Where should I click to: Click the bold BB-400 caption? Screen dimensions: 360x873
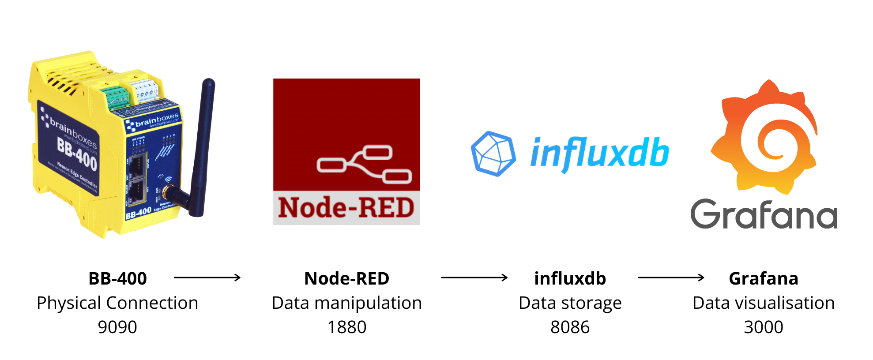coord(117,279)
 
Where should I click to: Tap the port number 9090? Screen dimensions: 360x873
coord(117,327)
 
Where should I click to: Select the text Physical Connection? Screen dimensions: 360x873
coord(117,303)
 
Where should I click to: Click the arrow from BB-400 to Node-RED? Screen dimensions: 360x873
coord(207,277)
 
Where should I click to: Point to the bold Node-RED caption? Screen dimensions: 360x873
coord(347,279)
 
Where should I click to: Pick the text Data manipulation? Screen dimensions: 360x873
coord(347,303)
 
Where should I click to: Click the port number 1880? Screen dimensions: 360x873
coord(347,327)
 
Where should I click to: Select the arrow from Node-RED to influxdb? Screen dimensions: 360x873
coord(474,277)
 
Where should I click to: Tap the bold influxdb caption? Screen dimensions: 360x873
coord(570,279)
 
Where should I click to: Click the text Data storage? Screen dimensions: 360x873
coord(570,303)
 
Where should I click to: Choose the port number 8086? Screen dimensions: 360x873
coord(570,327)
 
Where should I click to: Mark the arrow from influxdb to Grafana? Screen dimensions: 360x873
coord(671,277)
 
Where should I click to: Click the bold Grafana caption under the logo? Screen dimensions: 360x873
coord(764,279)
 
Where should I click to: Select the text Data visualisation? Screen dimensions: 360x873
coord(764,303)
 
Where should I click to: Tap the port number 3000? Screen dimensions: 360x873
coord(764,327)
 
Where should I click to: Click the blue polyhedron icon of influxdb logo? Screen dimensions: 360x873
coord(493,154)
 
